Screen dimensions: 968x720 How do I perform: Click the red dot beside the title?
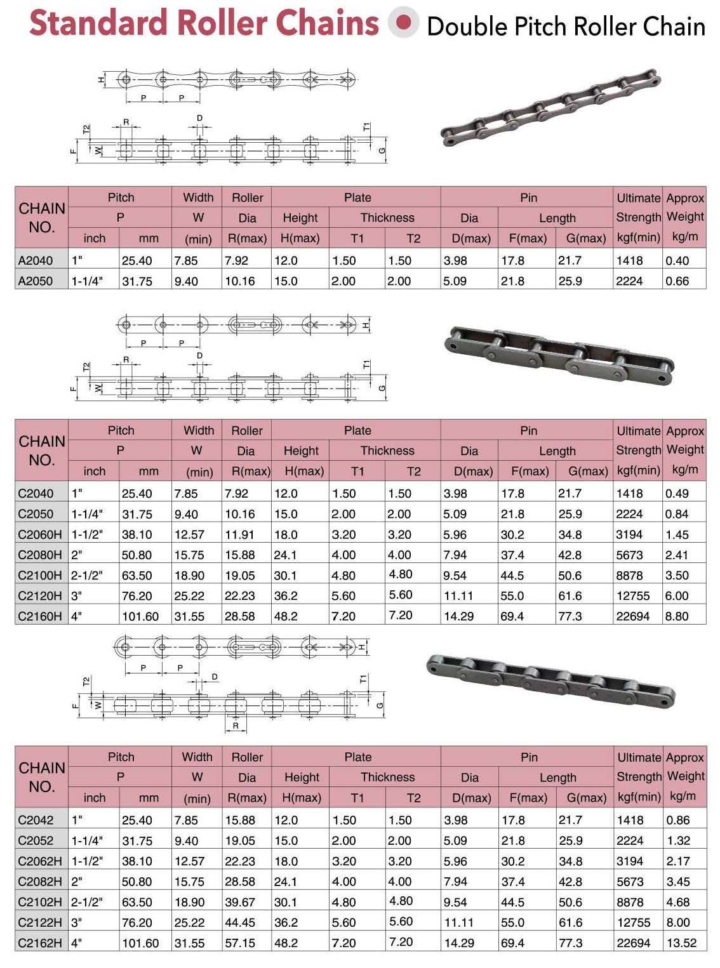click(x=403, y=22)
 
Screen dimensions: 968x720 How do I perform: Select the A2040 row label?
click(x=36, y=260)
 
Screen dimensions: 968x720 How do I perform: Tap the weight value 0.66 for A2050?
click(x=677, y=281)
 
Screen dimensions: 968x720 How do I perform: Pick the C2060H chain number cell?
click(x=40, y=534)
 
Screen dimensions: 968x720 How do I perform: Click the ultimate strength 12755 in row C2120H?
click(x=633, y=596)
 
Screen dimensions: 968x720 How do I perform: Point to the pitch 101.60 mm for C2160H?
click(x=140, y=616)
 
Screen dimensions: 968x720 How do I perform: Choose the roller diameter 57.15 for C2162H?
click(x=240, y=943)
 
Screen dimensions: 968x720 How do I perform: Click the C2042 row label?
click(x=36, y=820)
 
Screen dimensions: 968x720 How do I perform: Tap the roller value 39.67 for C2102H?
click(x=240, y=902)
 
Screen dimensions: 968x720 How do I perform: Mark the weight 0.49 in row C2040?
click(x=677, y=493)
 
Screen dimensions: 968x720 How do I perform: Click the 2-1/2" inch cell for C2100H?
click(x=87, y=576)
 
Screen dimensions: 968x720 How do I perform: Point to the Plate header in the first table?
click(x=357, y=197)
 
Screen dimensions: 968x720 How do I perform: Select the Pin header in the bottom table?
click(x=529, y=757)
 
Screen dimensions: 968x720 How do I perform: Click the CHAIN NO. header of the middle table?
click(x=42, y=450)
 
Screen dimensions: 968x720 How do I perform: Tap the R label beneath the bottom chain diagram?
click(x=236, y=726)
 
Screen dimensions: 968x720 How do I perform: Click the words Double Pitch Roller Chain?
click(x=566, y=27)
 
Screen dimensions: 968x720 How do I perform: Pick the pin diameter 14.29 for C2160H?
click(x=459, y=616)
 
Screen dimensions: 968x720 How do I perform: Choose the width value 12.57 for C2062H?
click(x=189, y=861)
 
